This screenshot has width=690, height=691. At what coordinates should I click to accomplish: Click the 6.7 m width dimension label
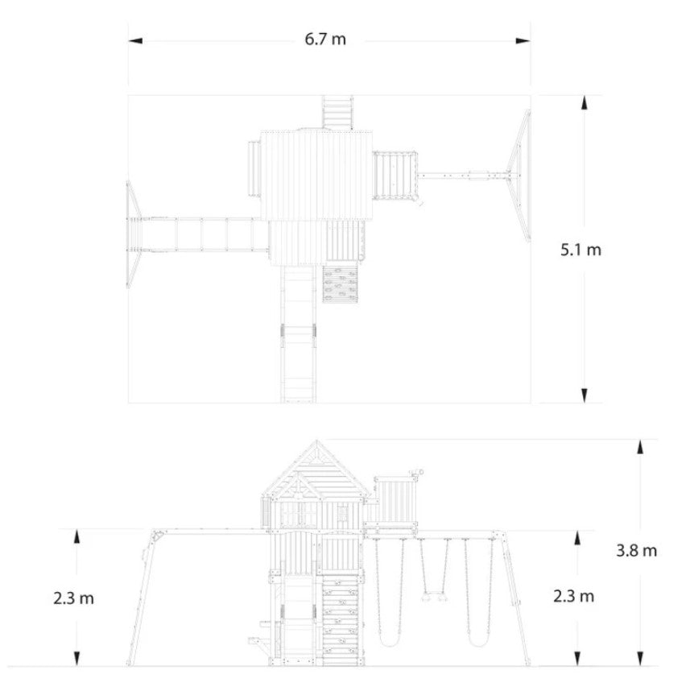coord(325,39)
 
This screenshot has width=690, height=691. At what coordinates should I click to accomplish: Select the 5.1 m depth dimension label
coord(581,250)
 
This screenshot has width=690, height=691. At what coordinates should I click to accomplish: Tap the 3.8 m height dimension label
coord(636,550)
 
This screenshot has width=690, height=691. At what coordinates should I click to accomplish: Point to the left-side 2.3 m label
coord(73,598)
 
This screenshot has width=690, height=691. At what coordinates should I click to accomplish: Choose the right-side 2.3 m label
coord(574,596)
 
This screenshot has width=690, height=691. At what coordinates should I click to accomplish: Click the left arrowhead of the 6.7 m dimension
coord(135,41)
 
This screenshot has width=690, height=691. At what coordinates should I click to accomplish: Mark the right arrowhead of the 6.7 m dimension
coord(523,41)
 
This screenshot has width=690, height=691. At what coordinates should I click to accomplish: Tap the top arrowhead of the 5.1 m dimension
coord(585,102)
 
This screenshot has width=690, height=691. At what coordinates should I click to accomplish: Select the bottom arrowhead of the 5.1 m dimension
coord(585,395)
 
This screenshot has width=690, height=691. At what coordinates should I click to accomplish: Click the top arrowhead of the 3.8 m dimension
coord(640,446)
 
